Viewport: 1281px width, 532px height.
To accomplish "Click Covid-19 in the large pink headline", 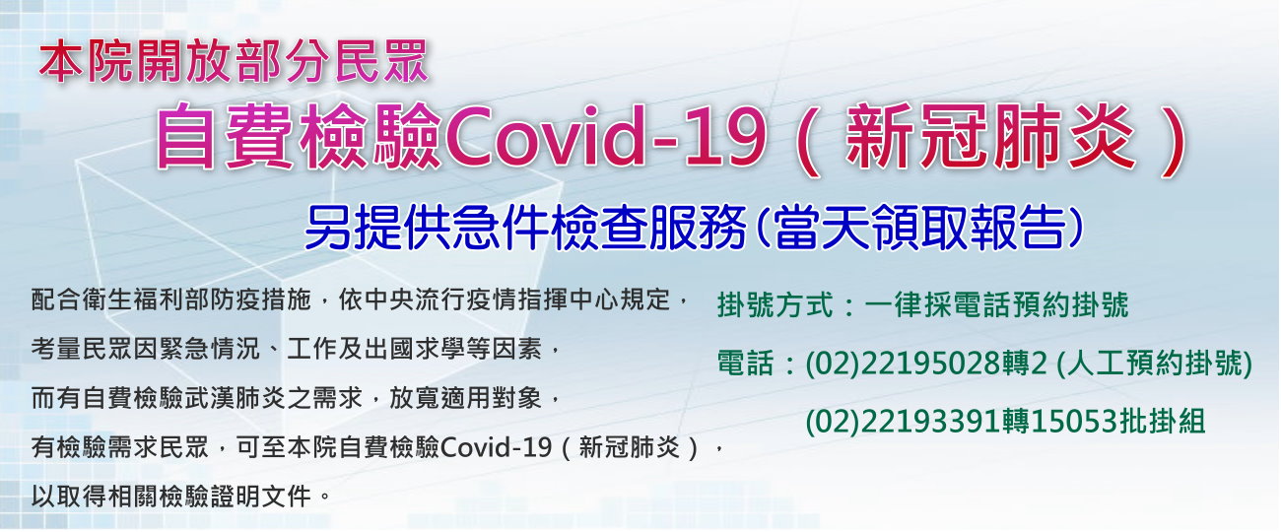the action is point(605,136).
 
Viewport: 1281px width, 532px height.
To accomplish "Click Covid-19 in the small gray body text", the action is point(497,446).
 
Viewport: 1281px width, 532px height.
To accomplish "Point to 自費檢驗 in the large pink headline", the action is point(300,136).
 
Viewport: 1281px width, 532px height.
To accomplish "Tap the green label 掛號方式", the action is point(775,304).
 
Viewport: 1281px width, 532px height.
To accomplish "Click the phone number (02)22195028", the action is point(904,363).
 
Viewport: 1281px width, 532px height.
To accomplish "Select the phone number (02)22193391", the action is point(904,422).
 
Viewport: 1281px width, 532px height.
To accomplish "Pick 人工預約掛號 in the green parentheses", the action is point(1154,363).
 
